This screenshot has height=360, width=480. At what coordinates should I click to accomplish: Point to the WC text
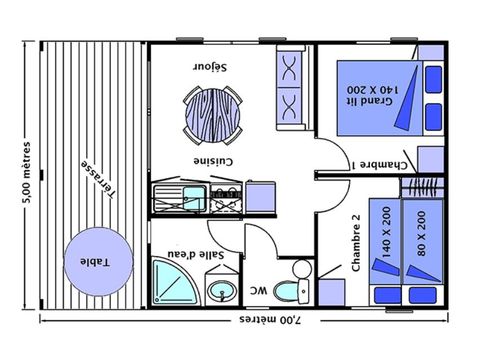257,291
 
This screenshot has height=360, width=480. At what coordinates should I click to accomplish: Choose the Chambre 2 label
356,243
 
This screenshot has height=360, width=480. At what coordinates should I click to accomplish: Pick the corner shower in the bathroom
174,280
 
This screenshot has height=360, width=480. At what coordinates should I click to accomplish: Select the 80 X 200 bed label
418,233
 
